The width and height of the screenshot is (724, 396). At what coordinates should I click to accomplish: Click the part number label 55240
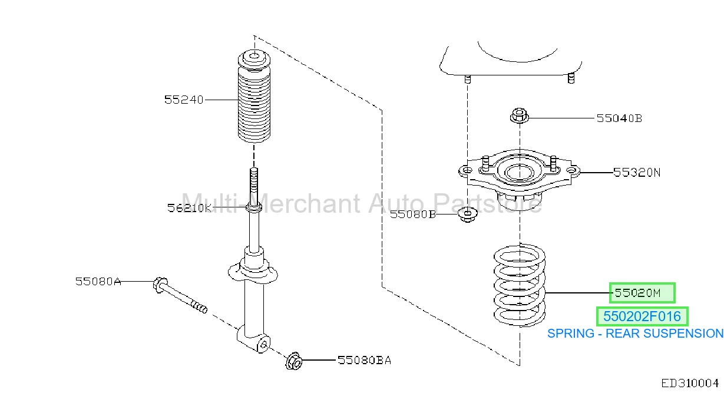184,100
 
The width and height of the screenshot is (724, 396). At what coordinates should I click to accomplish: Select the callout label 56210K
189,208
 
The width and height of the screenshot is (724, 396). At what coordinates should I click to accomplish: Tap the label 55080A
98,281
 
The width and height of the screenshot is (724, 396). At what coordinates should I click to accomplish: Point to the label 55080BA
364,360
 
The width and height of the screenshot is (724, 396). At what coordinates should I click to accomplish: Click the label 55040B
619,118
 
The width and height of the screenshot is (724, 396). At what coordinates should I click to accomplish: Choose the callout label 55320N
637,172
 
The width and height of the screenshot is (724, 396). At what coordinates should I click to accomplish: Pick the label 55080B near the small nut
413,214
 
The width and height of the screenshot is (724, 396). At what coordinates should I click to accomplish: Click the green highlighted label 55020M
642,293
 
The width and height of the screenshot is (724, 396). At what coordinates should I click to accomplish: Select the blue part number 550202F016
642,316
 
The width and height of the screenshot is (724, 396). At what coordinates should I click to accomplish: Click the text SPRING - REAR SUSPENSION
635,334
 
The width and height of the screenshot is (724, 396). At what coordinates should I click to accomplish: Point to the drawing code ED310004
689,384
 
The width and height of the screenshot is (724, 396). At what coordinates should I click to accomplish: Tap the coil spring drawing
520,285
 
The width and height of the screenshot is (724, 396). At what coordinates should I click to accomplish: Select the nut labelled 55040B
520,115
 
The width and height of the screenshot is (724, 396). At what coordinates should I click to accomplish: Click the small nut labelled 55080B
468,214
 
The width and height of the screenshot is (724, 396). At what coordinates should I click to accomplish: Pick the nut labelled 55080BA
293,361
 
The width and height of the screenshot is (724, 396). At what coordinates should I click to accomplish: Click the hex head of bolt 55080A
160,285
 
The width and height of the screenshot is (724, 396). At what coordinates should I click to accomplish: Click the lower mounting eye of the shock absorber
263,345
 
